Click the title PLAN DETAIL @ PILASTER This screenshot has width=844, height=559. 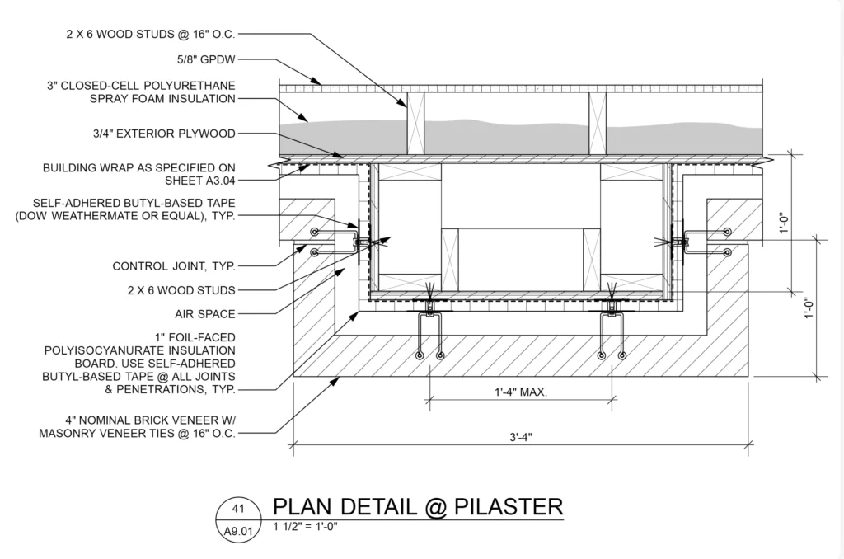tap(417, 506)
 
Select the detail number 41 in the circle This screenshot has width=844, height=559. tap(237, 510)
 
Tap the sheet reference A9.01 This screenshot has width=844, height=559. tap(237, 532)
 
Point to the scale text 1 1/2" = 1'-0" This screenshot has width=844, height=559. tap(306, 526)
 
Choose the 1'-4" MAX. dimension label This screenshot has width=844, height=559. tap(516, 392)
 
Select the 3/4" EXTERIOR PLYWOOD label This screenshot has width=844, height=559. tap(165, 133)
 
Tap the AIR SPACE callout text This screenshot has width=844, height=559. tap(204, 313)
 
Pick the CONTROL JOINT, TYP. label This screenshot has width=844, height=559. tap(173, 266)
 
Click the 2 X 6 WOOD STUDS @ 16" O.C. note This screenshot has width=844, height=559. tap(152, 35)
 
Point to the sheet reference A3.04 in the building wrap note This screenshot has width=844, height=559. tap(209, 178)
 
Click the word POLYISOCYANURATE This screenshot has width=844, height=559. tap(139, 350)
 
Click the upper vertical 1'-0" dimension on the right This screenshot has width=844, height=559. tap(785, 223)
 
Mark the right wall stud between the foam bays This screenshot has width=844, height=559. tap(597, 124)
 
